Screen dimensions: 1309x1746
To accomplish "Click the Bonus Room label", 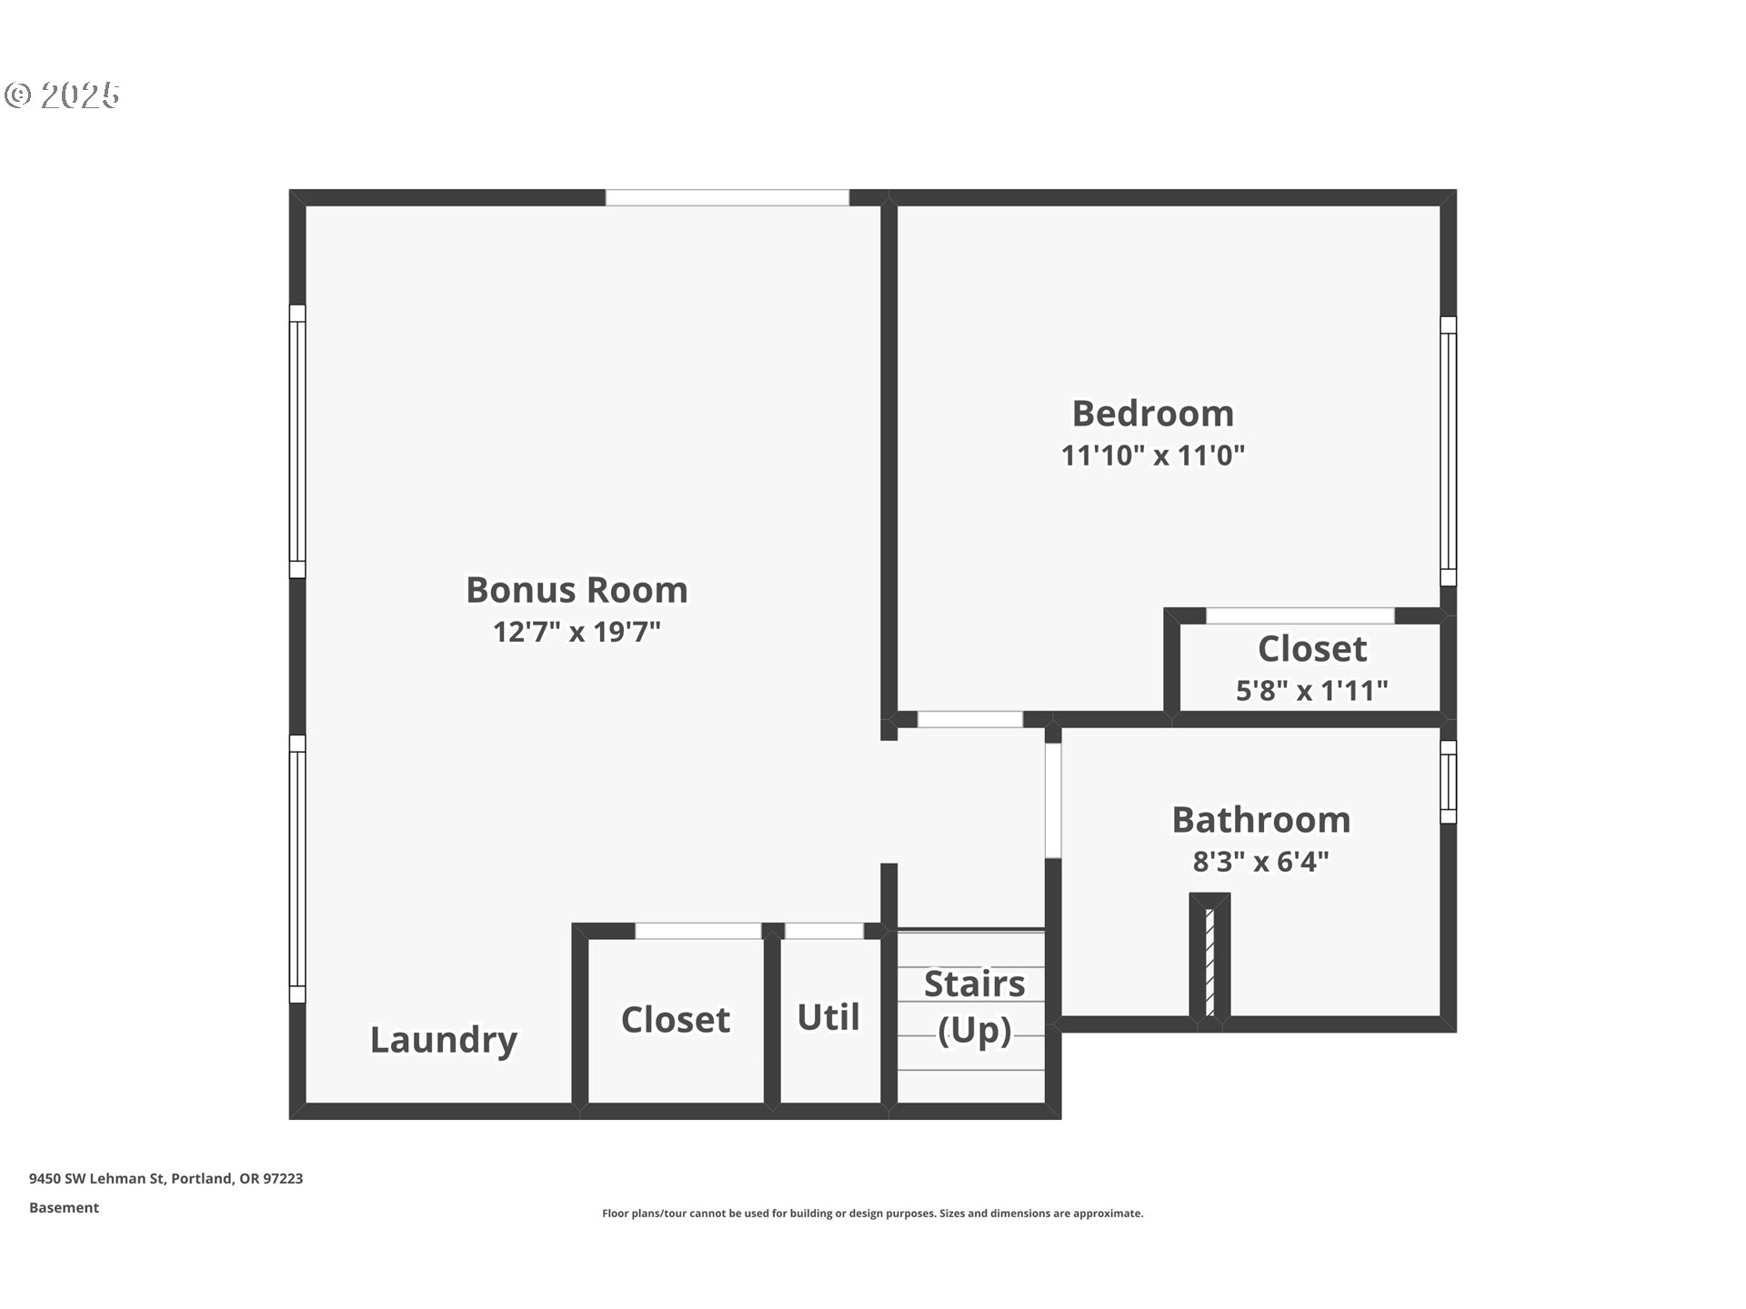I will coord(577,590).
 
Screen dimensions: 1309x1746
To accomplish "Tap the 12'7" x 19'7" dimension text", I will coord(577,632).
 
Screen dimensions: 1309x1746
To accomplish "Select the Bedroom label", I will coord(1152,414).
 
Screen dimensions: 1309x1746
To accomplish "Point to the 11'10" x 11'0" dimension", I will coord(1152,455).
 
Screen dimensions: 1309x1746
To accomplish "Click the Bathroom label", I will coord(1260,820).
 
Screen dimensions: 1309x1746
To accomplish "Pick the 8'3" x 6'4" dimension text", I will coord(1260,861).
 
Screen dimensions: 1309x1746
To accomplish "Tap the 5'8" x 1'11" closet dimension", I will coord(1311,691).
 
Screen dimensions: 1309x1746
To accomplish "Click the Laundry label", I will coord(443,1039).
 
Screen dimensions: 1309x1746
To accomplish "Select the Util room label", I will coord(828,1017).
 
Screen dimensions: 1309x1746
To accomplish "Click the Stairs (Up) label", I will coord(974,1006).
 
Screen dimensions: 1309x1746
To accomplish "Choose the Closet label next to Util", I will coord(675,1020).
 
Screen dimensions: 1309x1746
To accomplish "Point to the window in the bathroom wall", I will coord(1448,782).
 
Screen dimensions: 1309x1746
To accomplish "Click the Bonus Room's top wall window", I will coord(727,197).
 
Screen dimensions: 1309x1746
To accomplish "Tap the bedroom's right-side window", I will coord(1448,451).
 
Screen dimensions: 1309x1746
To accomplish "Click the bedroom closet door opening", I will coord(1299,616).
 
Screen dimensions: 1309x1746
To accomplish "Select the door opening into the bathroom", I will coord(1052,800).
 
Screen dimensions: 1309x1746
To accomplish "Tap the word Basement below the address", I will coord(64,1207).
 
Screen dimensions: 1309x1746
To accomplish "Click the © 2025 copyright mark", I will coord(62,95).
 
